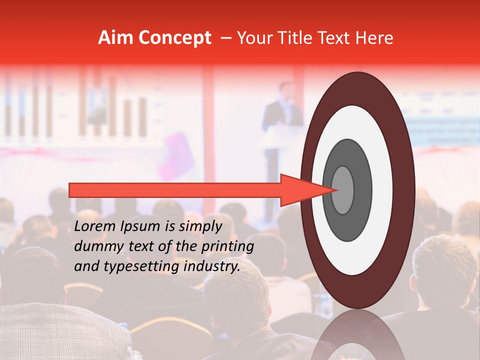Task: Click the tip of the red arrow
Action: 338,190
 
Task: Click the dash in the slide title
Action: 225,38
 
